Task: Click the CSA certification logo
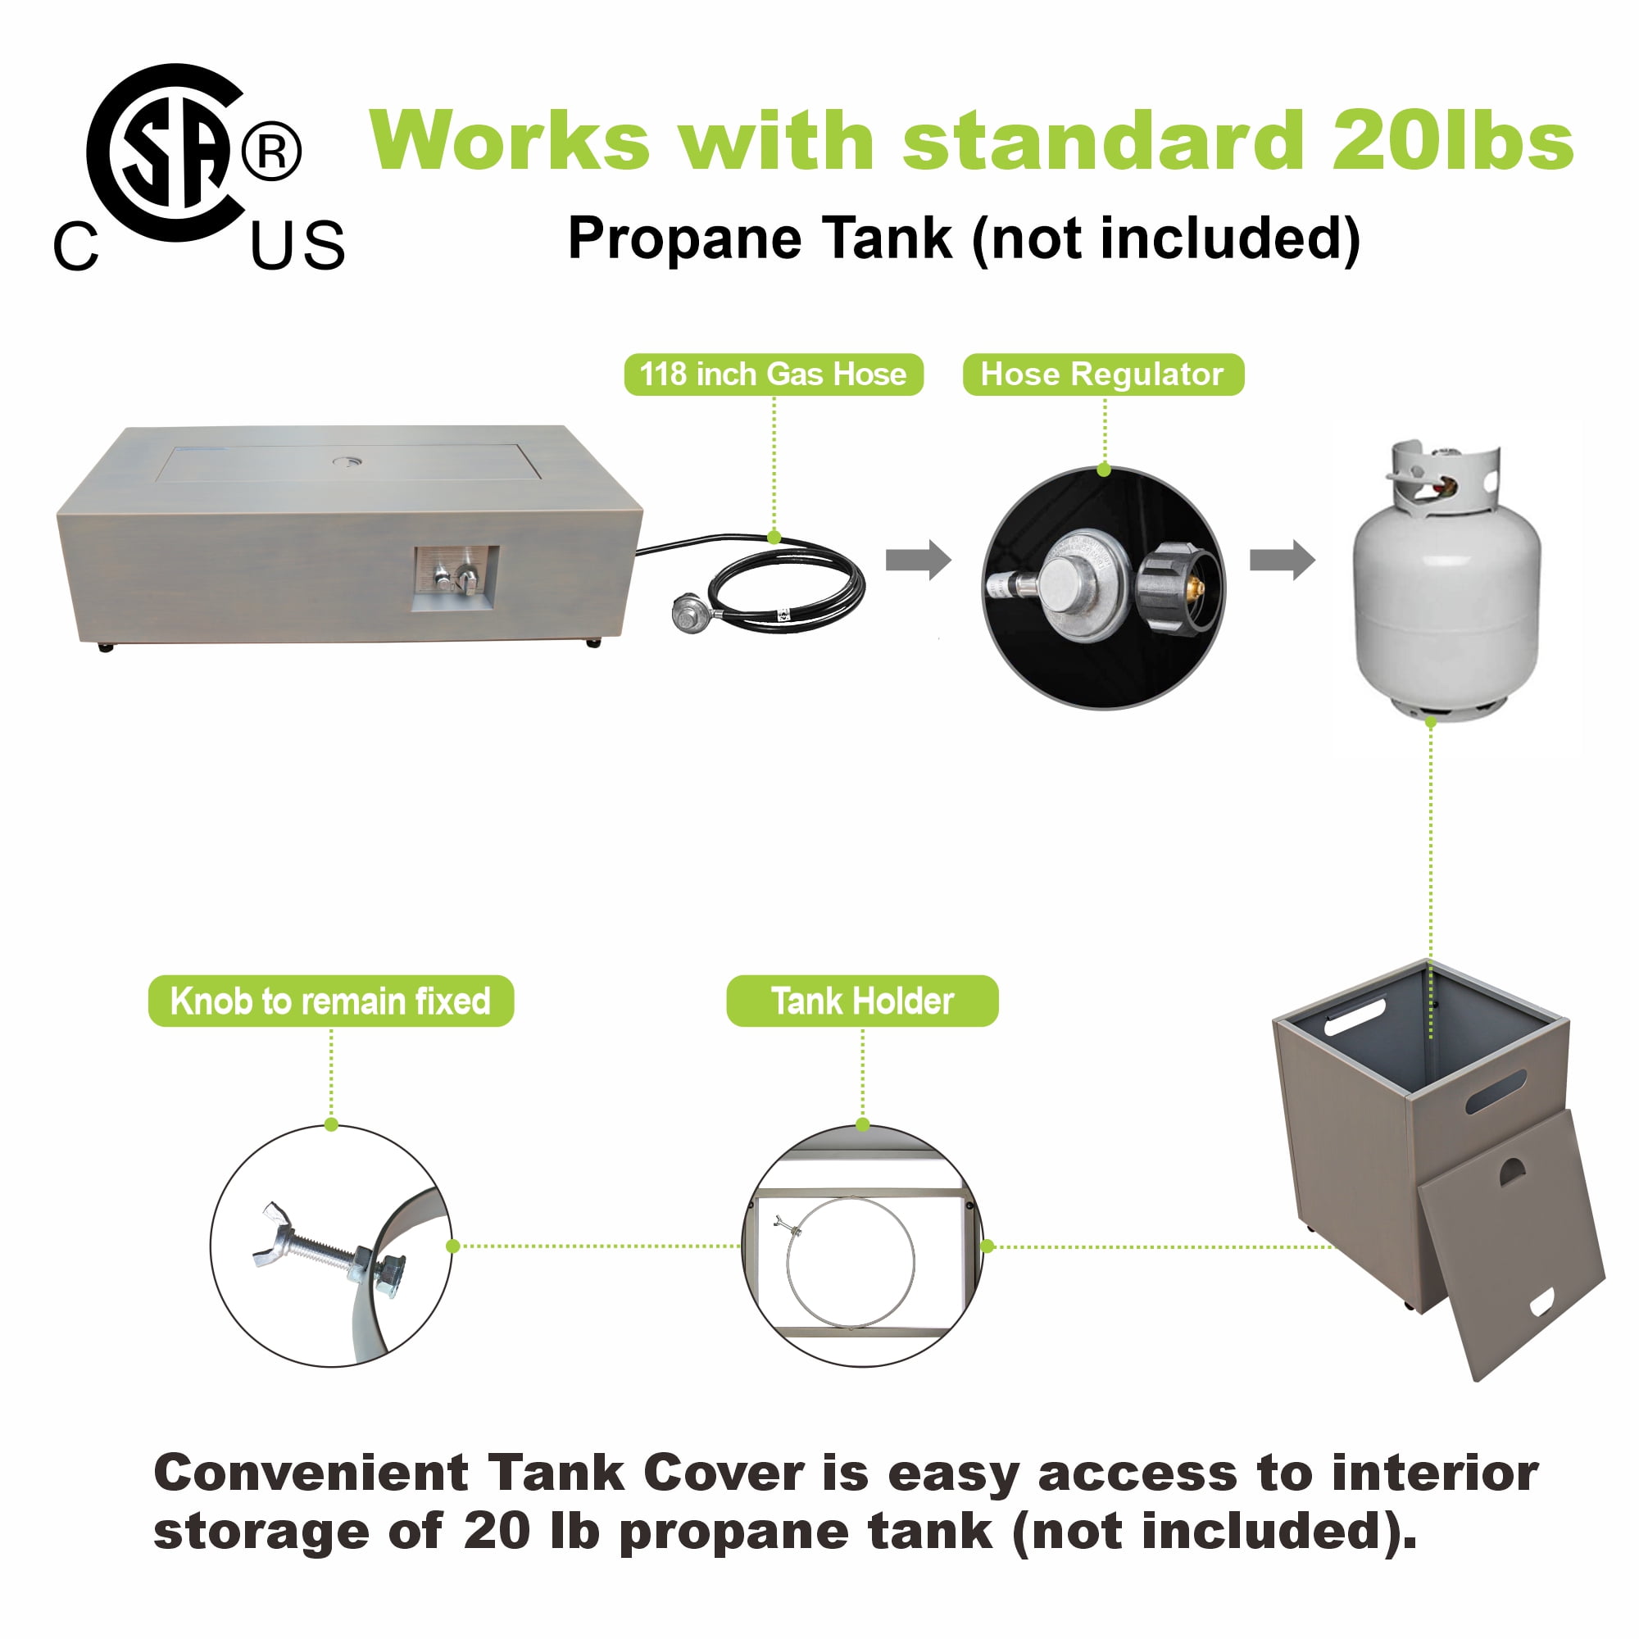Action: pos(198,168)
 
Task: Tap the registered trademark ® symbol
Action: pos(271,152)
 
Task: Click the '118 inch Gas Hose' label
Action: pos(774,375)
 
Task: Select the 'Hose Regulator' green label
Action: pos(1103,375)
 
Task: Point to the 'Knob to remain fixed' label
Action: pos(331,1001)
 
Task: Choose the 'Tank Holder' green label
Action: pos(863,1001)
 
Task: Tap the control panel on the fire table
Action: pos(456,578)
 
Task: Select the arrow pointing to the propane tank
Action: pos(1283,560)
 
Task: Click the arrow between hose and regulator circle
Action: pos(919,560)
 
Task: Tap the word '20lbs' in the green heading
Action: pos(1452,141)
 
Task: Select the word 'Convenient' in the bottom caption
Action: pos(311,1473)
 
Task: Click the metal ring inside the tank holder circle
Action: pos(851,1261)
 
